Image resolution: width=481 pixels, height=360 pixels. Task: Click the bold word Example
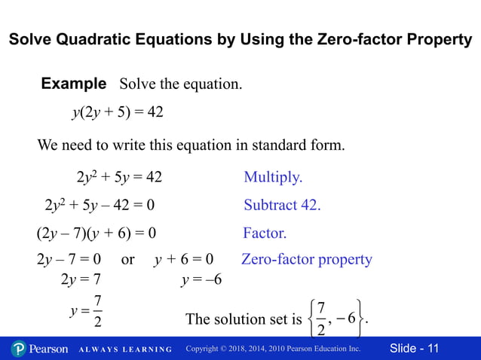[73, 83]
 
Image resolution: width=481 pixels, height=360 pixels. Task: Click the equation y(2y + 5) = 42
[118, 112]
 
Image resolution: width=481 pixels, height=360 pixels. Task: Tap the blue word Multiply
[273, 178]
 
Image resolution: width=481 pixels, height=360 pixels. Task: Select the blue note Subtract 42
[282, 205]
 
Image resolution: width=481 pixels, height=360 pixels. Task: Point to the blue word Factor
[265, 233]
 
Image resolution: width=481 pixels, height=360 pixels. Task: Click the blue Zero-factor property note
[307, 259]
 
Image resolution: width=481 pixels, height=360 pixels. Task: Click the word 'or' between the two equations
[128, 260]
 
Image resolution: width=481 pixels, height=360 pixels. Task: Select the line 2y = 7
[80, 281]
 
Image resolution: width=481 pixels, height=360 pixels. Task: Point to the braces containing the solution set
[338, 319]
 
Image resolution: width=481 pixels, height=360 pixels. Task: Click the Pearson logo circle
[19, 349]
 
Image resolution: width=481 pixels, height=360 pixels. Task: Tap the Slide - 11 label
[414, 349]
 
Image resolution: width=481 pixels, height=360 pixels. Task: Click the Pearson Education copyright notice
[273, 349]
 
